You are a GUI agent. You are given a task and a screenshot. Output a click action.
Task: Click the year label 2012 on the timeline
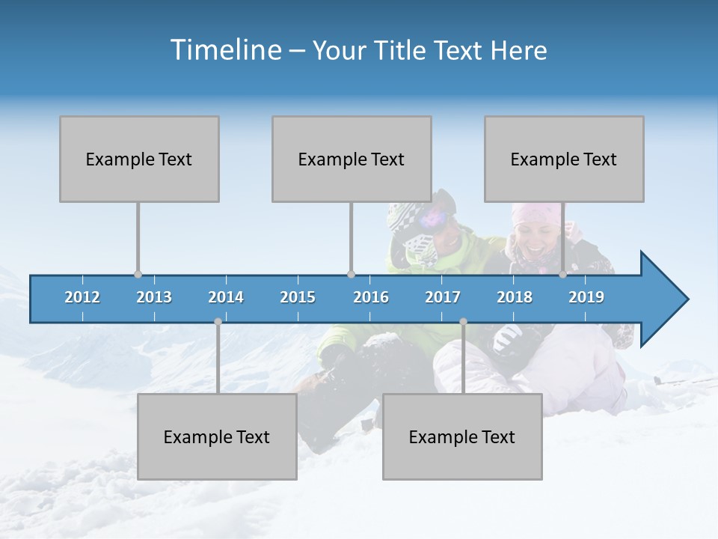coord(82,297)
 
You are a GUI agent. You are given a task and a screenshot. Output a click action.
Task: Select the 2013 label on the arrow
coord(154,297)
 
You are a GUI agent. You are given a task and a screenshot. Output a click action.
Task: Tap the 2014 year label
coord(226,297)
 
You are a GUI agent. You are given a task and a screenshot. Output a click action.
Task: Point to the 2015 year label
coord(298,297)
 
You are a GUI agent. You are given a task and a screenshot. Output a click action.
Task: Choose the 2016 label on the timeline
coord(371,297)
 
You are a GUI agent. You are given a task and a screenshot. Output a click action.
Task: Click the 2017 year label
coord(443,297)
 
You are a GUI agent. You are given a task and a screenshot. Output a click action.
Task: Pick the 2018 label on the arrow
coord(515,297)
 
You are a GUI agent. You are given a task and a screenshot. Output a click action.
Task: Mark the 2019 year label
coord(586,297)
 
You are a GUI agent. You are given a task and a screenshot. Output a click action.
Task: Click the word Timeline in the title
coord(224,50)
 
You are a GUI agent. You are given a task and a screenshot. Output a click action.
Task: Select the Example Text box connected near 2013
coord(139,159)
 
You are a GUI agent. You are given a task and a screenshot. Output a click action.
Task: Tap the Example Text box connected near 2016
coord(352,159)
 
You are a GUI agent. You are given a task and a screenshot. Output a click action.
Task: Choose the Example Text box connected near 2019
coord(564,159)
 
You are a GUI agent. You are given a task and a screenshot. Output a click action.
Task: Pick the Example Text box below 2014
coord(217,436)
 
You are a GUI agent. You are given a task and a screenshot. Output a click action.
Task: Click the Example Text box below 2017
coord(462,436)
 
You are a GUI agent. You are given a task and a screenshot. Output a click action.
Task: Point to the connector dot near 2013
coord(138,274)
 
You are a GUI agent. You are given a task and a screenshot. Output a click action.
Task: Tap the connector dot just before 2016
coord(352,274)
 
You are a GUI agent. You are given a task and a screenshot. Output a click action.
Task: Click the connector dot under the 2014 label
coord(218,322)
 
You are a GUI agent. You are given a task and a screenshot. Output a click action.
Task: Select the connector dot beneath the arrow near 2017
coord(463,322)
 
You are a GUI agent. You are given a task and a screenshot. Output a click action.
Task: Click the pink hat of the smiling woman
coord(535,213)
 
